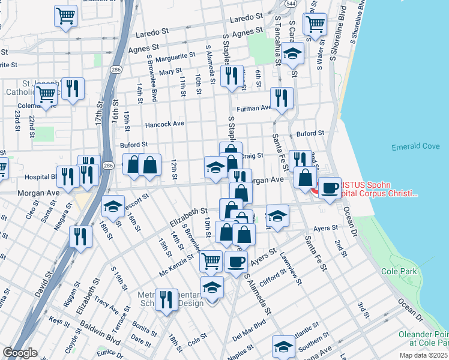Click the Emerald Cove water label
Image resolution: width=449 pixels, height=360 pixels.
coord(415,147)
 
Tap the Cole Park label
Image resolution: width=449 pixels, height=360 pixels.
coord(399,272)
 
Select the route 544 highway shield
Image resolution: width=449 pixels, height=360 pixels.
coord(290,4)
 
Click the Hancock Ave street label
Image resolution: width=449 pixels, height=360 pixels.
coord(164,124)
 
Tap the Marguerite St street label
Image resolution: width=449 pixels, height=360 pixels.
coord(175,59)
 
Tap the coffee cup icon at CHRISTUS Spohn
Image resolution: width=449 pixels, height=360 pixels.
coord(330,188)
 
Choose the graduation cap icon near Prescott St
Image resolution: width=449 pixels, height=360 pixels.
coord(112,207)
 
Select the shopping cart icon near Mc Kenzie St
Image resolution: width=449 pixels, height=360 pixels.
coord(211,261)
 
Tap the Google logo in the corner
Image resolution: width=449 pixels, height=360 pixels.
coord(20,353)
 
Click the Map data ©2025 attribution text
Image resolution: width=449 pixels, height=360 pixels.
coord(423,355)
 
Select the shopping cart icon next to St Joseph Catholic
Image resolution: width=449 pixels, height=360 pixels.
coord(46,94)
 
